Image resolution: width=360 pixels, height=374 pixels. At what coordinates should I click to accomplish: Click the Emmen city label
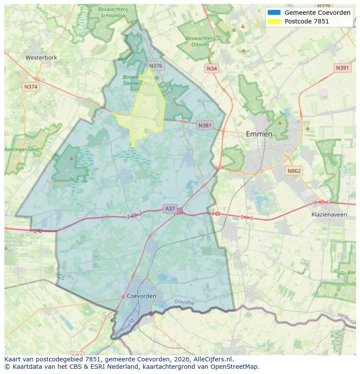259,134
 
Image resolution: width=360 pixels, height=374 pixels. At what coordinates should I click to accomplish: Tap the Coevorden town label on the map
142,296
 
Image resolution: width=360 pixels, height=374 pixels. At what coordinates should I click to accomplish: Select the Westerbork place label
41,57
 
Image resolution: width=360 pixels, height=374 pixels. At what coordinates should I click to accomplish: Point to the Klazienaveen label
329,215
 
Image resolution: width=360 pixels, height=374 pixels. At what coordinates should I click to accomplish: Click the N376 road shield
155,66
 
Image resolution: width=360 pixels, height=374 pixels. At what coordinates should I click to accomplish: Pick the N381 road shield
205,126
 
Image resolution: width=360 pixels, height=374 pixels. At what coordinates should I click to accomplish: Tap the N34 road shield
212,69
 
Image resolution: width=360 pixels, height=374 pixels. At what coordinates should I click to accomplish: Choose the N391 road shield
343,68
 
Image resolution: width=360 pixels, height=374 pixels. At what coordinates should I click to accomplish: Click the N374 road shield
31,86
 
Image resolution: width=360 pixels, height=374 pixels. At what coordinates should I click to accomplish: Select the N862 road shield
294,171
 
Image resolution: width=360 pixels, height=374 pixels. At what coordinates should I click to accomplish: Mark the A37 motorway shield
170,209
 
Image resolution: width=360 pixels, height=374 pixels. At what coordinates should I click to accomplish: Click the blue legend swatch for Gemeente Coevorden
274,13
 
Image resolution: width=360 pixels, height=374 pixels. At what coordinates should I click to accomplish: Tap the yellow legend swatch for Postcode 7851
274,21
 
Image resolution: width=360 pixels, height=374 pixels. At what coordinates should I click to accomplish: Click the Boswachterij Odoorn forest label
200,41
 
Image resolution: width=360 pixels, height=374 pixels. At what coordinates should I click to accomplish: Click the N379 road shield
324,6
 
